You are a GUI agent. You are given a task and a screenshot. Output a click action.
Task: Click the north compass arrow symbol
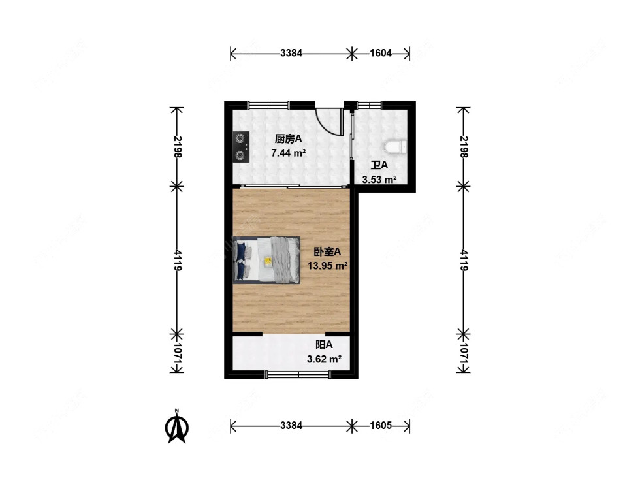[177, 427]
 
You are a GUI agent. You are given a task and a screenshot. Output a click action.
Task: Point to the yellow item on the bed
[268, 261]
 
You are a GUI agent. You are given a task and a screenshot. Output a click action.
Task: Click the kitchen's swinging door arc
[329, 121]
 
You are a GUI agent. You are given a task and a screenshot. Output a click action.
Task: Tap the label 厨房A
[288, 139]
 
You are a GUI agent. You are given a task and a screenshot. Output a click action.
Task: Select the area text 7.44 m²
[289, 153]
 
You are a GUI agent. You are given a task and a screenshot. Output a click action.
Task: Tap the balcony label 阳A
[325, 345]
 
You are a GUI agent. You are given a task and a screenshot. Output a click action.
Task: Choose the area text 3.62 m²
[325, 359]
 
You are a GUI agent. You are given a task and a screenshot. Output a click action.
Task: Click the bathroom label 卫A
[379, 166]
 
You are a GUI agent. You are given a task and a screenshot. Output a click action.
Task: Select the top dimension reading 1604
[380, 54]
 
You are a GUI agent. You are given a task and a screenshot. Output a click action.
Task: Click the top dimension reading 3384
[291, 54]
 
